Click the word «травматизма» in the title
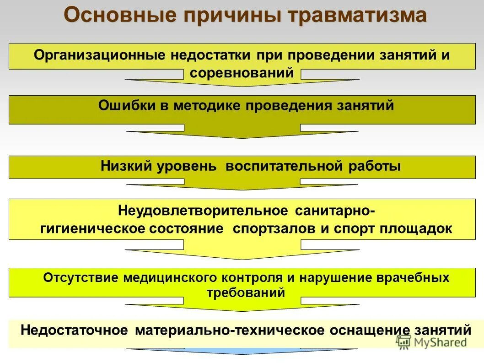point(357,16)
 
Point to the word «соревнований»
point(242,73)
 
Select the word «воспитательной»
point(284,166)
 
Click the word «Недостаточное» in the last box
point(75,330)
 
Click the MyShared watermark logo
point(432,341)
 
